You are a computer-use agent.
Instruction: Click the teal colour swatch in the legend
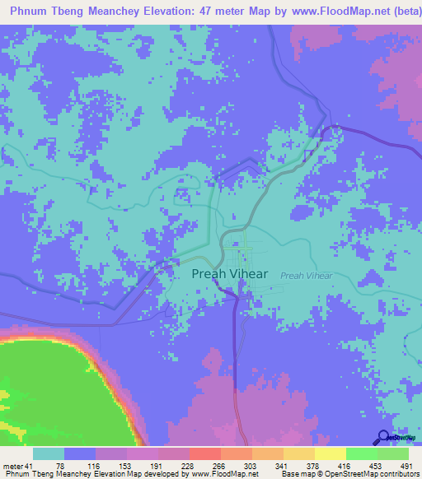tap(49, 453)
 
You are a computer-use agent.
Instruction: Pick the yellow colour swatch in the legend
tap(330, 453)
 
